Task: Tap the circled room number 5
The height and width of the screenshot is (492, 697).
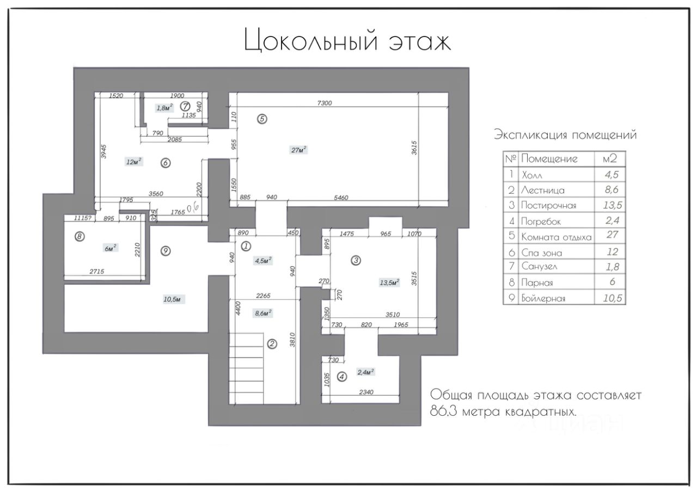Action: [262, 119]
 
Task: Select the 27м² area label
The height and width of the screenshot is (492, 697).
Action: [299, 150]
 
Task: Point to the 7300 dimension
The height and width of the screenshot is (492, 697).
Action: [325, 103]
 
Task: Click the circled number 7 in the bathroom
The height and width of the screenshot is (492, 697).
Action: [185, 106]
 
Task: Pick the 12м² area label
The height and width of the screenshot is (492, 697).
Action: [134, 162]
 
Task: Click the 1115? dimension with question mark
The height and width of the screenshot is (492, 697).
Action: [82, 218]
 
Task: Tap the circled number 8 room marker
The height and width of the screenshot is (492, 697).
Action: [80, 237]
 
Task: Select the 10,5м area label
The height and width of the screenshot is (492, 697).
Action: [173, 299]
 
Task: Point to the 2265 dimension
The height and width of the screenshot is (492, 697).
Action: [263, 296]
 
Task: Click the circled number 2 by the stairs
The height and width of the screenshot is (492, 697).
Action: [272, 343]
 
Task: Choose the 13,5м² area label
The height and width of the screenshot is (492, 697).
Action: [389, 282]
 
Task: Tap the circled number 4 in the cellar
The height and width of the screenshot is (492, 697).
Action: [342, 377]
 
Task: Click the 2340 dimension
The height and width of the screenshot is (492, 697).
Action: [366, 392]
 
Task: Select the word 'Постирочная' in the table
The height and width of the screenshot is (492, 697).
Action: [548, 205]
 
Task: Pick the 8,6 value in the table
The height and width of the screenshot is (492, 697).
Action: [612, 189]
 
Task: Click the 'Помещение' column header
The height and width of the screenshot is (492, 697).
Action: [549, 159]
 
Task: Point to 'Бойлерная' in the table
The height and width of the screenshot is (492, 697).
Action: [543, 298]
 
